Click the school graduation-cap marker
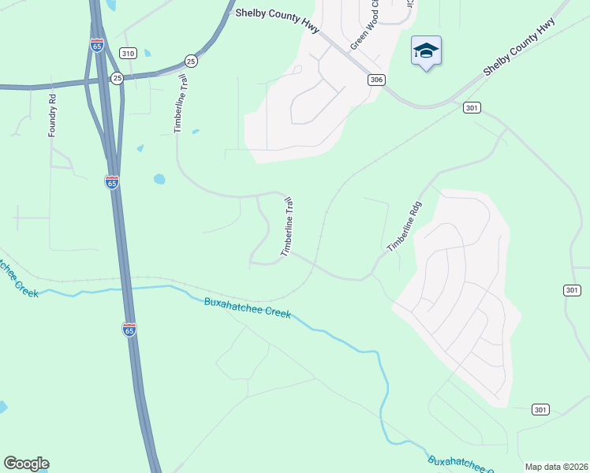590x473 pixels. pyautogui.click(x=426, y=51)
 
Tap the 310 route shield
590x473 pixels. pyautogui.click(x=128, y=53)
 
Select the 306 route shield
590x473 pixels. pyautogui.click(x=375, y=80)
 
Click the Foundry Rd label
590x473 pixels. pyautogui.click(x=53, y=116)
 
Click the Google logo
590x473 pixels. pyautogui.click(x=26, y=464)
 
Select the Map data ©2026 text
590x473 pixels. pyautogui.click(x=556, y=467)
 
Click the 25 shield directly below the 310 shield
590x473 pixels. pyautogui.click(x=117, y=77)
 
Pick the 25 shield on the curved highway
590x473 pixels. pyautogui.click(x=190, y=60)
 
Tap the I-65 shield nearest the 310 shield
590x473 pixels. pyautogui.click(x=96, y=46)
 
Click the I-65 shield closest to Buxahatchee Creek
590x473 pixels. pyautogui.click(x=129, y=329)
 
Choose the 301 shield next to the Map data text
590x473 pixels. pyautogui.click(x=540, y=410)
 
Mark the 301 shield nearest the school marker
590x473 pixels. pyautogui.click(x=472, y=107)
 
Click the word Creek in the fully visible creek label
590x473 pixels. pyautogui.click(x=277, y=312)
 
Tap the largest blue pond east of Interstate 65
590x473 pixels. pyautogui.click(x=159, y=179)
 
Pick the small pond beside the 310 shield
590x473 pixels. pyautogui.click(x=147, y=54)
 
